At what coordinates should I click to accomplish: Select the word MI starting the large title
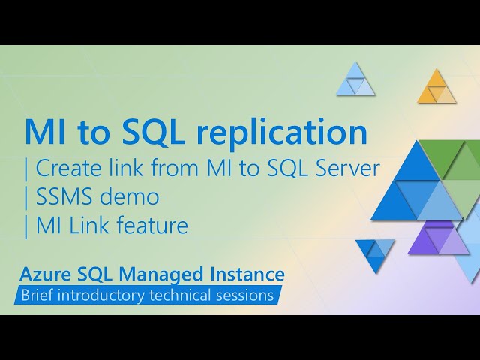44,133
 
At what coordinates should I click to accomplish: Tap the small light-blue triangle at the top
355,80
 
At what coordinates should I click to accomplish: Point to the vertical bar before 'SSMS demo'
26,196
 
